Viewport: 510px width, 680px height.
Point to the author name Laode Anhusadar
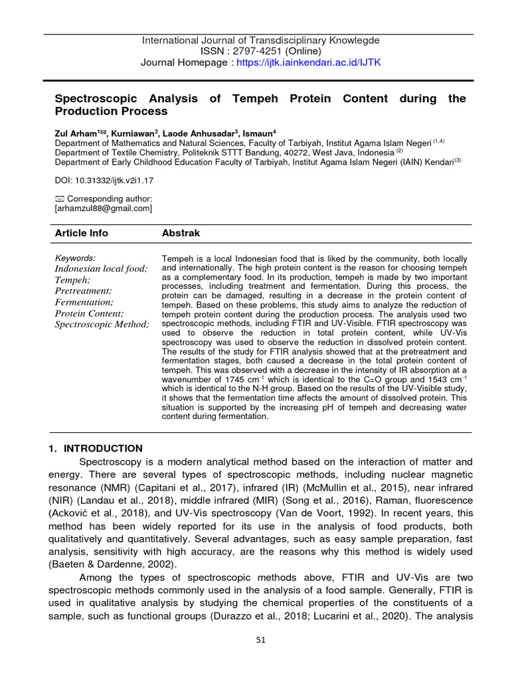pos(197,133)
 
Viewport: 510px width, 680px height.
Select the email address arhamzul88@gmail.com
pos(103,209)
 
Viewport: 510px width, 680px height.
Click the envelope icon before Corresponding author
pos(58,199)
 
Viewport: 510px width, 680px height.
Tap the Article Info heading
pos(81,233)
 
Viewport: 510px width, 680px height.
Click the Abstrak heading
pos(181,233)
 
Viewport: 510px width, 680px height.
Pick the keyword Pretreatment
pos(83,291)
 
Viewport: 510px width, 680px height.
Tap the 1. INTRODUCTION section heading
pos(96,448)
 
